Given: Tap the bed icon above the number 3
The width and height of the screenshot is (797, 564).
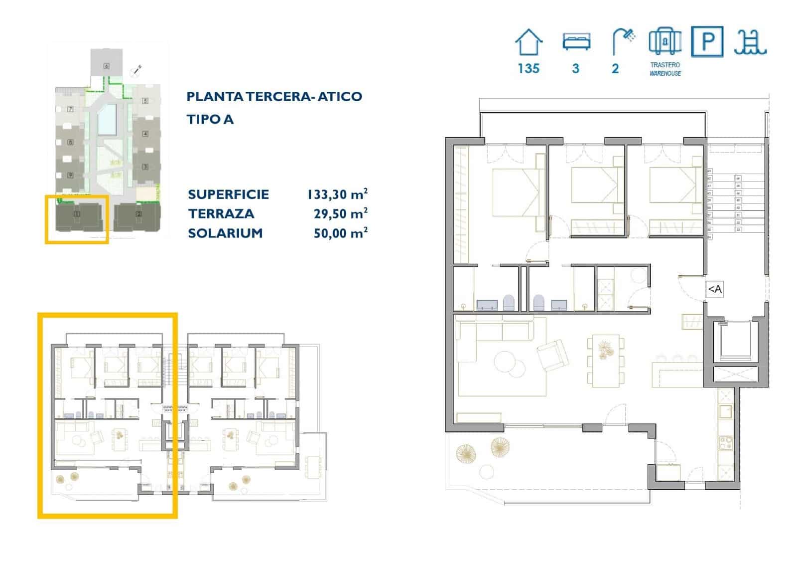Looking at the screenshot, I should point(576,41).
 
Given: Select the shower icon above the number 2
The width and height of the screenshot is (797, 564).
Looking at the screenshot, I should point(623,41).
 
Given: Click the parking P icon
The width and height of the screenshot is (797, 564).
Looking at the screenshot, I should point(707,41).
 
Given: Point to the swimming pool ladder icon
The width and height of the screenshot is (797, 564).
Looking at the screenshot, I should point(750,42).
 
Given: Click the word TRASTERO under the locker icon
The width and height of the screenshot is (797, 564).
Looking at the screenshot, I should point(665,65).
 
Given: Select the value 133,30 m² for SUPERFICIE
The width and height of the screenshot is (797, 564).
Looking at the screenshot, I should point(337,194).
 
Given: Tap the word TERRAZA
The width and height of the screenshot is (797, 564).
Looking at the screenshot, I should point(221,214).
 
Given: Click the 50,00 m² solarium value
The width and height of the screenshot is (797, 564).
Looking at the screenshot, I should point(340,233).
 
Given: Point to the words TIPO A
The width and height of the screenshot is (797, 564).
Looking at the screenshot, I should point(210,119).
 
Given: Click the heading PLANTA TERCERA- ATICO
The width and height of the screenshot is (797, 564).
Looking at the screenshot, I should point(274,96).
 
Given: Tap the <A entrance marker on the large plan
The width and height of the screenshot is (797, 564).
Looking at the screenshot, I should point(714,289).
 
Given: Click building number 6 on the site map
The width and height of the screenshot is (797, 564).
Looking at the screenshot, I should point(106,65).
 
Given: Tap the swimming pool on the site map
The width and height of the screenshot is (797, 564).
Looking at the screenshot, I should point(107,120).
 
